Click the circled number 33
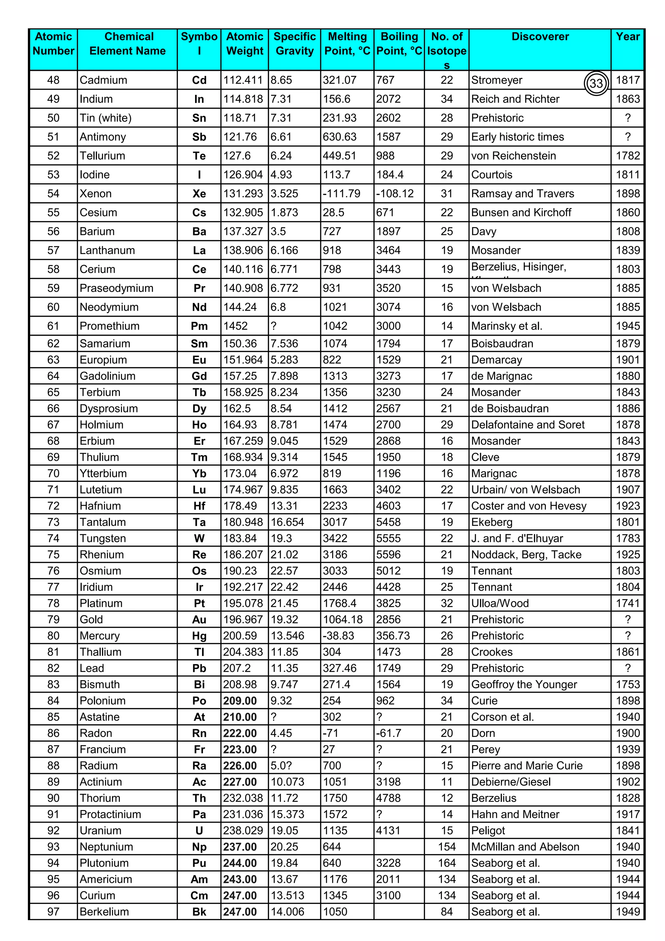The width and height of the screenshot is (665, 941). point(596,84)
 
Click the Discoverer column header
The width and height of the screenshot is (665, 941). point(540,37)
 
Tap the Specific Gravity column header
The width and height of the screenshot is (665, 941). point(295,44)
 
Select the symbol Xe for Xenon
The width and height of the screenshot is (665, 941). point(199,194)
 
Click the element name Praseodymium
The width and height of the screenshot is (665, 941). point(116,289)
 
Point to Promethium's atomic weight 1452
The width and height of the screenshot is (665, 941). point(235,326)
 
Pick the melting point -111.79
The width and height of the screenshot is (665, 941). point(342,194)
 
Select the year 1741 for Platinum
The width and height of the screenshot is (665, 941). point(627,603)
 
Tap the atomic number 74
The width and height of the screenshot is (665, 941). point(53,538)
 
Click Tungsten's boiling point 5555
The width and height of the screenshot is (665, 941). point(389,538)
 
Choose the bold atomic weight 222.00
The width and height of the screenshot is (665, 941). point(240,733)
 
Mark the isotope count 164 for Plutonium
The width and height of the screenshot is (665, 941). point(447,863)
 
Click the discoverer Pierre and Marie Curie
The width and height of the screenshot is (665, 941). point(527,766)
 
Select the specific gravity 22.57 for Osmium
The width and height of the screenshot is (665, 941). point(284,571)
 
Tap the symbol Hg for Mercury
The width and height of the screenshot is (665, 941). point(199,636)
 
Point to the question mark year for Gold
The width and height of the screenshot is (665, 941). point(628,620)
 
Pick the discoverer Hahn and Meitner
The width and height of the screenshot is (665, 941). point(515,814)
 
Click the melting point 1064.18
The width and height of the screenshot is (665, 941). point(343,620)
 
